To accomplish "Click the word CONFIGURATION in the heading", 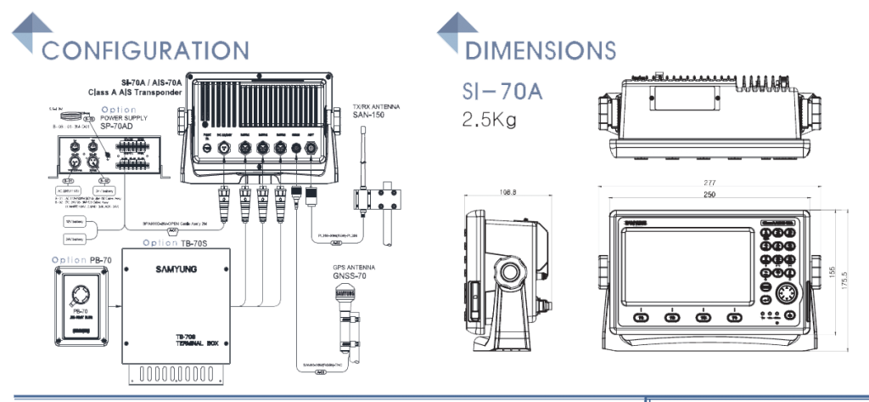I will click(x=145, y=50).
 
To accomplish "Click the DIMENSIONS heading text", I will click(x=540, y=50).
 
